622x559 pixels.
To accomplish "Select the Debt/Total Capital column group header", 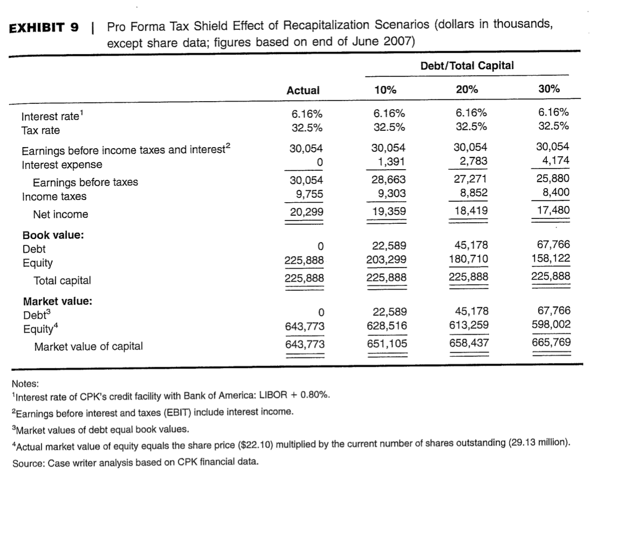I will point(466,65).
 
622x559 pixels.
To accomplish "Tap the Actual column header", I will point(303,90).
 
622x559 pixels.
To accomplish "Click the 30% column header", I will point(549,90).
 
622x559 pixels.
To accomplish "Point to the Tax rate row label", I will point(40,130).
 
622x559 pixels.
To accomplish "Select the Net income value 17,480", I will point(552,210).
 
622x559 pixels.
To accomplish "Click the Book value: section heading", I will point(53,235).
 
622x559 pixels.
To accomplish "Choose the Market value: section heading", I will point(57,302).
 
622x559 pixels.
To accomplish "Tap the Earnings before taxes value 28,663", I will point(387,180).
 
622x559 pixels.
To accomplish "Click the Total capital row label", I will point(62,281).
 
